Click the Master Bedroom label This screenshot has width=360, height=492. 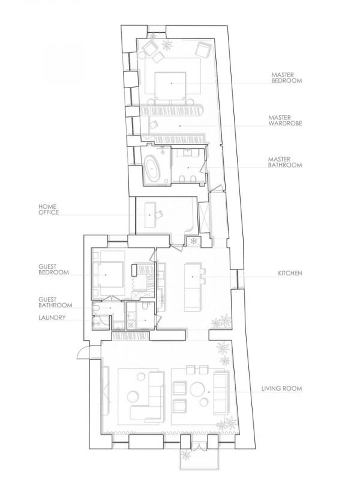pos(287,78)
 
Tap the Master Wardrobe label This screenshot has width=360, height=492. pos(285,121)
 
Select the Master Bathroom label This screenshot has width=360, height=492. pos(285,162)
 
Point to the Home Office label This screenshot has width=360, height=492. pos(49,209)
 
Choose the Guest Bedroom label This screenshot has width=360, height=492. pos(53,269)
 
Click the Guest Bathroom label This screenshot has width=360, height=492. pos(55,302)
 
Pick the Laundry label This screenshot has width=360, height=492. pos(52,317)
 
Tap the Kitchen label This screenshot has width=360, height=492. pos(290,273)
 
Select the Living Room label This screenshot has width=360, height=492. pos(281,388)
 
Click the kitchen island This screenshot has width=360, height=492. pos(192,287)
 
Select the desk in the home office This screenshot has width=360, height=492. pos(150,215)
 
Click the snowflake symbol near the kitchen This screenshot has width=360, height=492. pos(194,242)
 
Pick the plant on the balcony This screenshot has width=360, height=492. pos(186,455)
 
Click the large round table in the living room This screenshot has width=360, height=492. pos(196,389)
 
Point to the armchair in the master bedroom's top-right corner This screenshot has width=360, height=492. pos(203,50)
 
